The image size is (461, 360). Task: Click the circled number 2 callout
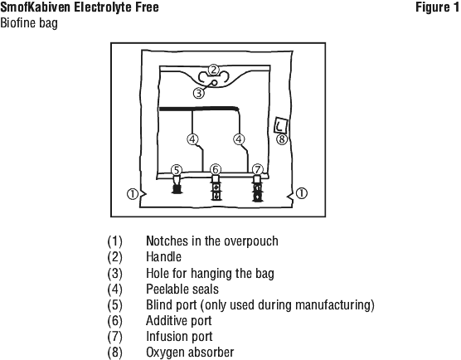click(214, 70)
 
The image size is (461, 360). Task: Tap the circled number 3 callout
click(199, 93)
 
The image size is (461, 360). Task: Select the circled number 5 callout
click(176, 170)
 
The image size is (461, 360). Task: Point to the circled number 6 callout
click(216, 170)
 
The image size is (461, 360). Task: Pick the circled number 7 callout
click(258, 170)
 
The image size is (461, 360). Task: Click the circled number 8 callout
click(282, 139)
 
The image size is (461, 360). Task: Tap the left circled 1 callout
click(133, 194)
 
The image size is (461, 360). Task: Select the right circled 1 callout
click(301, 193)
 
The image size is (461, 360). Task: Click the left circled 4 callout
click(192, 139)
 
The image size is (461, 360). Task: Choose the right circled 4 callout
click(239, 139)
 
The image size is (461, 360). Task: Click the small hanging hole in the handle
click(215, 83)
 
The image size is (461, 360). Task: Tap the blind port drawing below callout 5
click(177, 185)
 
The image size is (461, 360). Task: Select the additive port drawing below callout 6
click(216, 187)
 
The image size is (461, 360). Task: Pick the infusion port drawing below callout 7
click(257, 188)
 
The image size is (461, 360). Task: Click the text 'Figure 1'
click(438, 7)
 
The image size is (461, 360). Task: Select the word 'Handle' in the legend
click(164, 257)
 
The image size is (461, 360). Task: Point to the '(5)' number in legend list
click(114, 304)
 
